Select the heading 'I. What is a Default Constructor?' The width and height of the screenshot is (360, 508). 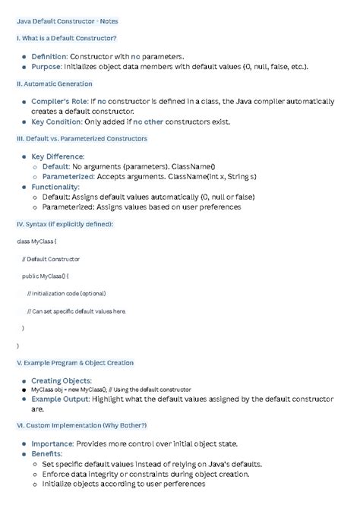pyautogui.click(x=66, y=38)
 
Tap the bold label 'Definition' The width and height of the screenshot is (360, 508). pyautogui.click(x=49, y=56)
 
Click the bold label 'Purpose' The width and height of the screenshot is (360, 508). pyautogui.click(x=46, y=67)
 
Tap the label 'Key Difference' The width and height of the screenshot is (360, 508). pyautogui.click(x=58, y=156)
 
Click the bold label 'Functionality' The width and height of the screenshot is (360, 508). pyautogui.click(x=55, y=187)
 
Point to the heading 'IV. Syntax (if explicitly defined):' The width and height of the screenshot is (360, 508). pyautogui.click(x=65, y=224)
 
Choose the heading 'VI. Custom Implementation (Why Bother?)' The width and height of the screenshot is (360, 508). pyautogui.click(x=81, y=425)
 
